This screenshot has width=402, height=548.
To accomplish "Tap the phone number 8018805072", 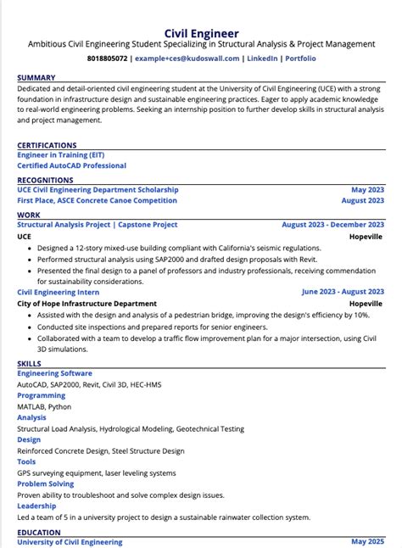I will (x=107, y=59).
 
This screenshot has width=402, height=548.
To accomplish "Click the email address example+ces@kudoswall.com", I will (x=187, y=59).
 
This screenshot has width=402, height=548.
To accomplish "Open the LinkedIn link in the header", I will (x=262, y=59).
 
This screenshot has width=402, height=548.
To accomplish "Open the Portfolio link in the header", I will (x=300, y=59).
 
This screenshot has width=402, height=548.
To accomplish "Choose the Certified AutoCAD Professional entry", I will (x=71, y=166).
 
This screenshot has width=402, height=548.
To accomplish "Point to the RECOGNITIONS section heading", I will (x=45, y=180).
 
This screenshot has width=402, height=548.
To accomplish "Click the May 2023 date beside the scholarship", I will (x=368, y=190).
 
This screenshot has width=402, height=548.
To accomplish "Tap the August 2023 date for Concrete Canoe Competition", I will (x=363, y=201).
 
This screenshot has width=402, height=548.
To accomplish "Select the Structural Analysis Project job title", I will (x=98, y=225).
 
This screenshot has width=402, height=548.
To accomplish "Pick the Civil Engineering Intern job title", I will (x=57, y=291).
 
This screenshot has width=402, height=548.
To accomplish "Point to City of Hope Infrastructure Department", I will (x=87, y=303).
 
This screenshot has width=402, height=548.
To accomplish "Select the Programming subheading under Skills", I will (x=42, y=395).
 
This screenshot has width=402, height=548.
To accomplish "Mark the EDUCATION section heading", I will (x=39, y=533).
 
